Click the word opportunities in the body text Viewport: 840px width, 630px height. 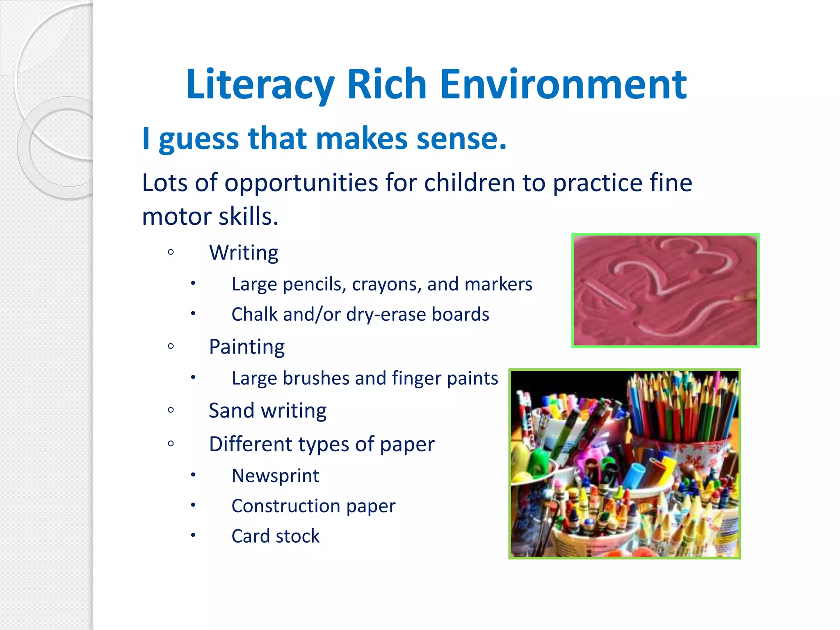click(x=301, y=183)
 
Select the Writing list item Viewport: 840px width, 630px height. click(x=244, y=253)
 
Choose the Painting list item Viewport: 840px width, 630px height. click(x=247, y=347)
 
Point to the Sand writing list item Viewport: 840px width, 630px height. click(x=267, y=411)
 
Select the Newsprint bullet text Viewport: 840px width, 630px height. click(x=275, y=476)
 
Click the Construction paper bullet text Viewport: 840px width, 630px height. click(x=313, y=506)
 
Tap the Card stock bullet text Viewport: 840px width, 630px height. click(x=275, y=536)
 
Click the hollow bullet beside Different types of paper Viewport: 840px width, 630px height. click(x=171, y=444)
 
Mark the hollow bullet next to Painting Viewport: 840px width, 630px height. click(x=171, y=347)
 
